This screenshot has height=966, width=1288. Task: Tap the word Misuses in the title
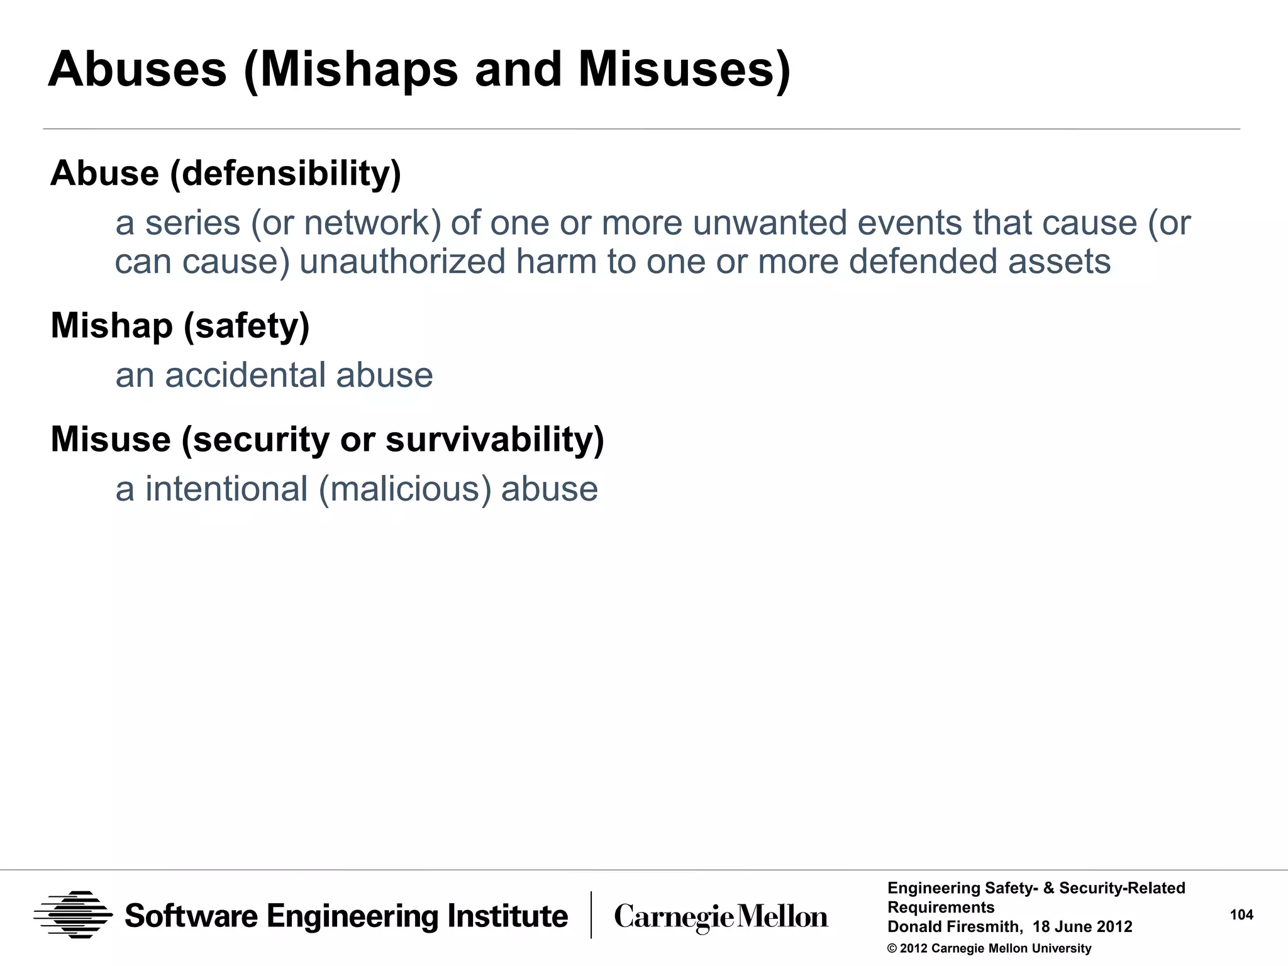pos(684,69)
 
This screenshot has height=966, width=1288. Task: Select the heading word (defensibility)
pos(286,174)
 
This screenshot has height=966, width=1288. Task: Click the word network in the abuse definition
pos(372,223)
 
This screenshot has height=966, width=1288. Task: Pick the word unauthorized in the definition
pos(402,262)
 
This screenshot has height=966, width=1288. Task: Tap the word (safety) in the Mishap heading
pos(247,326)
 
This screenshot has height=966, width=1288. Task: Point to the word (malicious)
pos(405,489)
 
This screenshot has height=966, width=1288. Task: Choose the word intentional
pos(226,489)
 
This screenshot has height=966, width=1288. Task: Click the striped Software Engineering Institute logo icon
pos(74,915)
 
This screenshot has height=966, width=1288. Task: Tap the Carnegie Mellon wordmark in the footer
pos(721,916)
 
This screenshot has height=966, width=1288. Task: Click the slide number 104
pos(1241,915)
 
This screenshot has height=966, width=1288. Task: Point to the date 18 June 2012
pos(1082,927)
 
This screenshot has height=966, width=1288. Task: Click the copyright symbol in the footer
pos(892,949)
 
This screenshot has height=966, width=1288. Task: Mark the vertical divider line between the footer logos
pos(591,915)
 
